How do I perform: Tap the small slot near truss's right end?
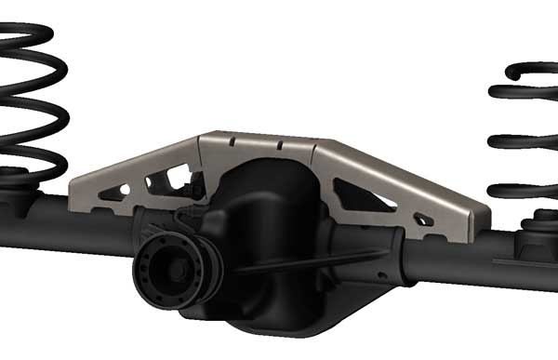pyautogui.click(x=423, y=220)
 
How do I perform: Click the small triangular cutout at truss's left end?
pyautogui.click(x=113, y=192)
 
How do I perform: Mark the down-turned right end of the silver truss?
pyautogui.click(x=478, y=220)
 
